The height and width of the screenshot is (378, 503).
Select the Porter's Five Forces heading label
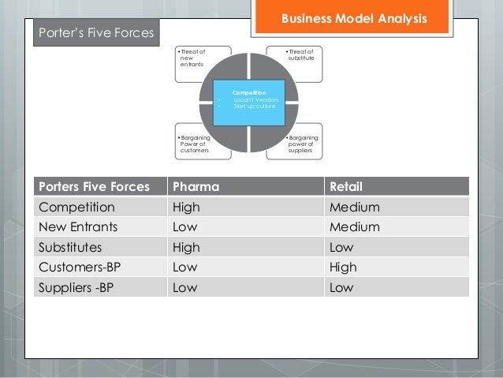95,33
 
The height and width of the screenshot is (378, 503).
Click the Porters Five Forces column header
94,187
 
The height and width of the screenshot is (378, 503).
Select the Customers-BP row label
82,267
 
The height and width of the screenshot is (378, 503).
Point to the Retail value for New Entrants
356,227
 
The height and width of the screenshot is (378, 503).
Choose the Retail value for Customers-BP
347,267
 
